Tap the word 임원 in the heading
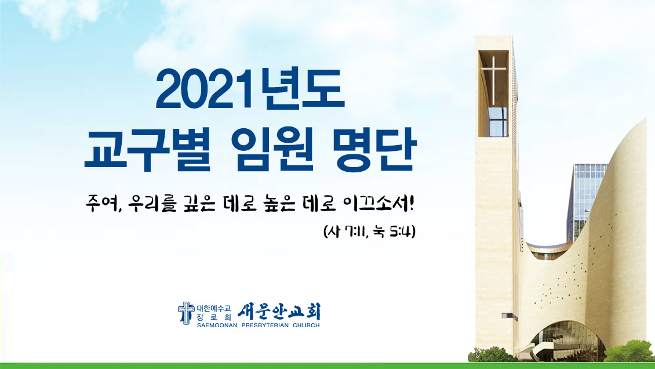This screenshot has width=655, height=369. point(274,150)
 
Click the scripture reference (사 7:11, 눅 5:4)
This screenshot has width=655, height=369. point(370,231)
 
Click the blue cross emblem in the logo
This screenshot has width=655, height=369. point(186,313)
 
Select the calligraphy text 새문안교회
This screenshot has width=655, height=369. point(279,312)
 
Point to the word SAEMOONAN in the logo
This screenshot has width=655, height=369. point(217,325)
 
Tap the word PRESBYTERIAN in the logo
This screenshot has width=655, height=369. point(265,325)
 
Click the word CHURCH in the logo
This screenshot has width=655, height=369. point(306,325)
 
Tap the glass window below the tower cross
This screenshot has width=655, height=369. point(497,122)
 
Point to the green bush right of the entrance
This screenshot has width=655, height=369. point(629,352)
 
